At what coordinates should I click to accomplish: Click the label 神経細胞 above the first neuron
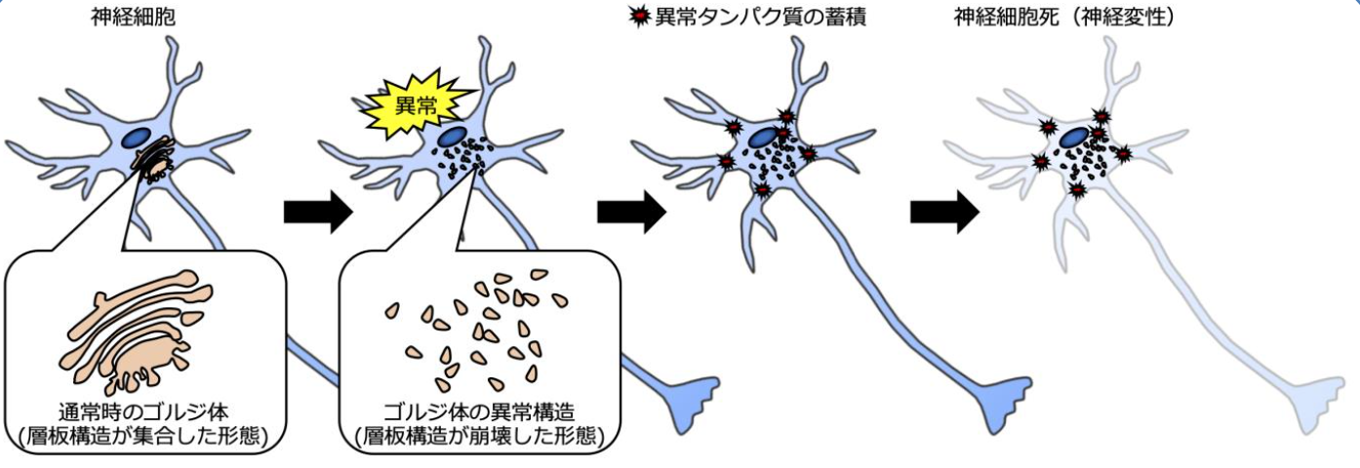tap(127, 17)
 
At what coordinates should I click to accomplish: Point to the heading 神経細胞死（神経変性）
tap(1063, 17)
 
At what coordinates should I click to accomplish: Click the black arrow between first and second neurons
tap(316, 213)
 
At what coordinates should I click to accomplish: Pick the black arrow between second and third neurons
tap(630, 213)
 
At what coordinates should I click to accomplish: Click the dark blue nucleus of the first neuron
tap(137, 139)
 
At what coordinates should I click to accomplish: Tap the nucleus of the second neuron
tap(451, 137)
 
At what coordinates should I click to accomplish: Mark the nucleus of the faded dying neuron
tap(1076, 138)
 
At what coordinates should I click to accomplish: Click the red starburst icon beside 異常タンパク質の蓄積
tap(641, 17)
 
